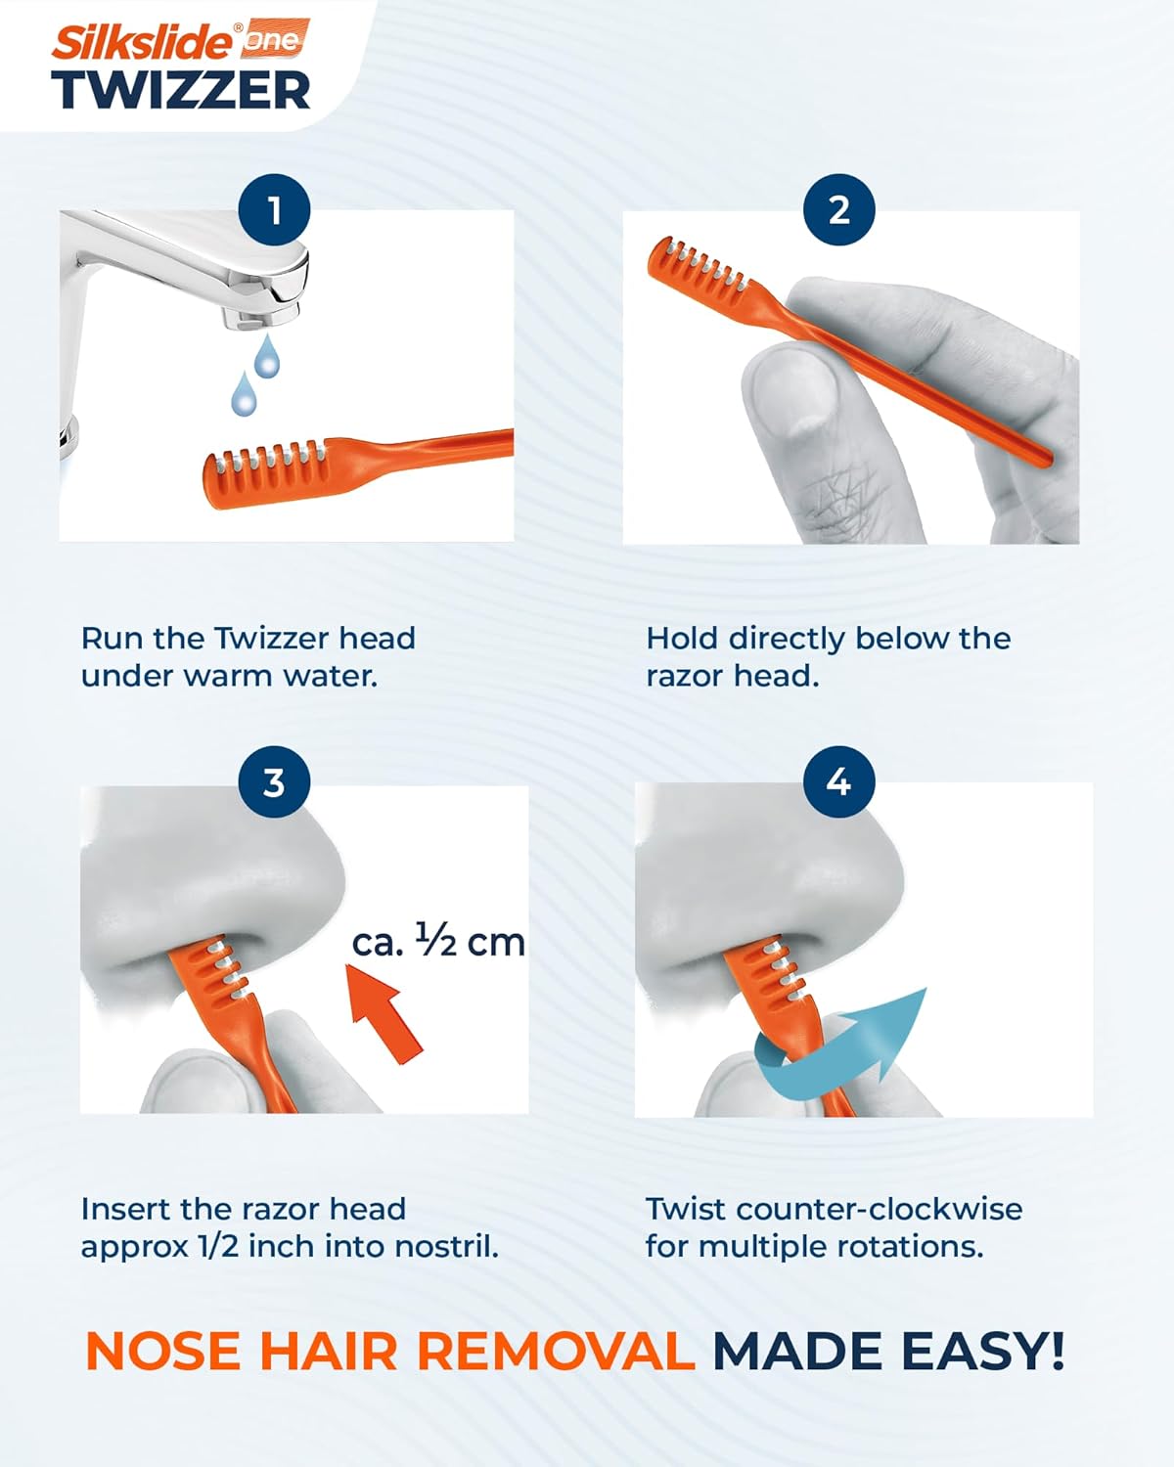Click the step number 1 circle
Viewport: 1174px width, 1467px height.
tap(274, 209)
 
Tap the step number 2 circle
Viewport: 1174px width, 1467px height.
tap(839, 209)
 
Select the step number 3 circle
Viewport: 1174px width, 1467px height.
tap(274, 781)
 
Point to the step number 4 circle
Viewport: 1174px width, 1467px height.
tap(839, 781)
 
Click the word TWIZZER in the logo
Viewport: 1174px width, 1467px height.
tap(181, 90)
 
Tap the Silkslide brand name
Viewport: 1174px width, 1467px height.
tap(142, 42)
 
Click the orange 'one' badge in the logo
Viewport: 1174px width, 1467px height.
tap(273, 39)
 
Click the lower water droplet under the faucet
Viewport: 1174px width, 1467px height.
tap(244, 393)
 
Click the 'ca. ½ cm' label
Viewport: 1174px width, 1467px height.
tap(438, 942)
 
